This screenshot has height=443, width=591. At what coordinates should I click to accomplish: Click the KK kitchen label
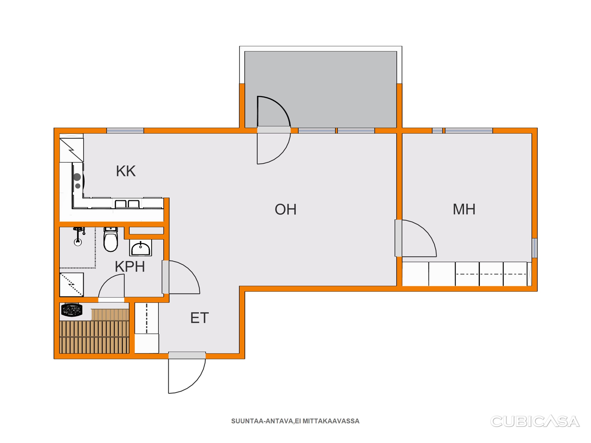(126, 171)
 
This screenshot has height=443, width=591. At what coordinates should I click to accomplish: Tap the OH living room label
(286, 209)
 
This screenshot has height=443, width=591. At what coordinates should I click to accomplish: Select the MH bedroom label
(464, 209)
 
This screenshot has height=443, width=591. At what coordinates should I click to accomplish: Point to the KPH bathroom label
(130, 266)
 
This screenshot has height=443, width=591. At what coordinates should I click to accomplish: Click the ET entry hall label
(199, 318)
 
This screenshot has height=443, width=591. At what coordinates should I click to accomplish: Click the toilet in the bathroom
(111, 239)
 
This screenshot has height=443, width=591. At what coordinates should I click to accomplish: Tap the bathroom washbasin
(140, 248)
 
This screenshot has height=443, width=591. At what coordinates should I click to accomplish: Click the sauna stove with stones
(72, 310)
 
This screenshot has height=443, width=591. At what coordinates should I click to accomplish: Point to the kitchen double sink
(127, 204)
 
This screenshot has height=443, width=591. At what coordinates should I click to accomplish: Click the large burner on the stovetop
(77, 177)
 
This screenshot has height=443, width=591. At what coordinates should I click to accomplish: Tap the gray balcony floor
(321, 90)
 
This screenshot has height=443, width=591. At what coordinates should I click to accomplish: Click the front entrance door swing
(187, 376)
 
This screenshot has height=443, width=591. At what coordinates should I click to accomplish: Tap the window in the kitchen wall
(125, 131)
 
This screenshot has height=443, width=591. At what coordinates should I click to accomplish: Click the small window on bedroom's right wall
(535, 248)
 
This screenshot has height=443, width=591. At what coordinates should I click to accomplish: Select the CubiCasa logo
(535, 422)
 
